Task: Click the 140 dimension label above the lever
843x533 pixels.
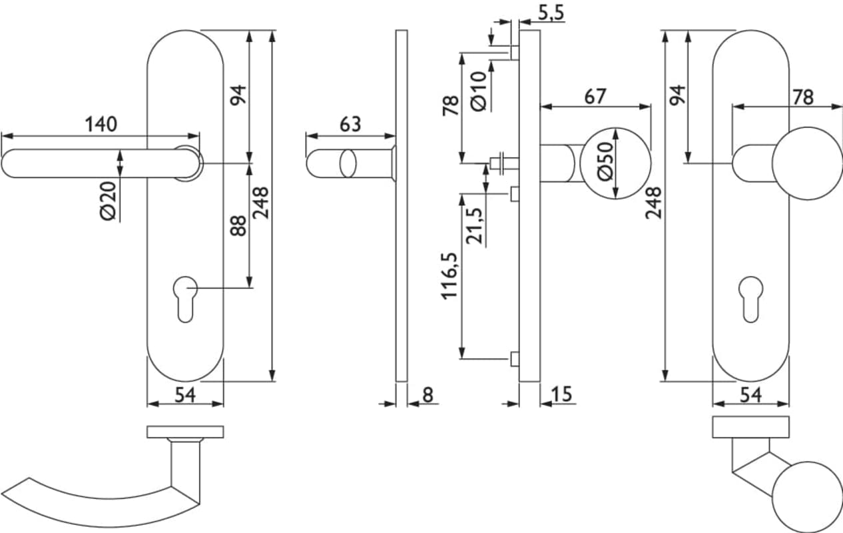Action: coord(101,125)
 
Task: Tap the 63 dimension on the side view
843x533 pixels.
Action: coord(350,125)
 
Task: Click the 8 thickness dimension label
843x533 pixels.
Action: coord(427,394)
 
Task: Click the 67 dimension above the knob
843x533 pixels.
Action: coord(595,97)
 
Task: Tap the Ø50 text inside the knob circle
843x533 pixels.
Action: coord(605,163)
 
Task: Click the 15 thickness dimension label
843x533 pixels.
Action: coord(561,394)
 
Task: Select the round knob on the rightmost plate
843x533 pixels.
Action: coord(807,163)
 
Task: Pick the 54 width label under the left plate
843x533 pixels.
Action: coord(184,395)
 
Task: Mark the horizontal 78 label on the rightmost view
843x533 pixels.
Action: coord(803,97)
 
